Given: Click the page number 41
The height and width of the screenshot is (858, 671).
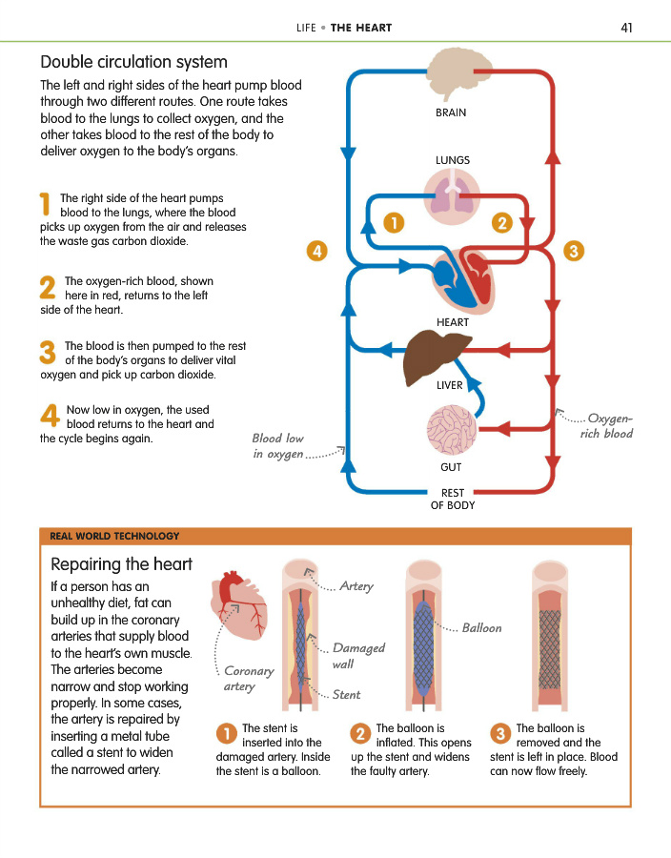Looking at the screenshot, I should click(x=626, y=28).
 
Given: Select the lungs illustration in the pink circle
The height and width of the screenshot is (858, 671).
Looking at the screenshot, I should click(x=451, y=197).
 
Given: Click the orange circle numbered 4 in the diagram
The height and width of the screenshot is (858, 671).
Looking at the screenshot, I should click(x=317, y=252).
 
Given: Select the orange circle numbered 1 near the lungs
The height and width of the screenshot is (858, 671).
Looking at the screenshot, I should click(x=392, y=222).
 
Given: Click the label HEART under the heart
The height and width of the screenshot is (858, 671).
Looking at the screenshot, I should click(x=452, y=322).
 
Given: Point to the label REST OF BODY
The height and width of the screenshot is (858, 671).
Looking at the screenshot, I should click(x=452, y=499).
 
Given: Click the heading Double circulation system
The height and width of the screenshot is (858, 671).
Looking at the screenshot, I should click(x=133, y=63).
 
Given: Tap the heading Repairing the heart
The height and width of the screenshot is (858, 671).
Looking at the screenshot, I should click(x=121, y=563).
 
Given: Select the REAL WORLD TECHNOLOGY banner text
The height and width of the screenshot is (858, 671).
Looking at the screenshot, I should click(x=114, y=536).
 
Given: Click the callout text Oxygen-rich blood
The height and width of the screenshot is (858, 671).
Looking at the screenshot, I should click(x=608, y=425).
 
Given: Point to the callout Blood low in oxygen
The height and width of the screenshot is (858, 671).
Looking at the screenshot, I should click(x=279, y=446).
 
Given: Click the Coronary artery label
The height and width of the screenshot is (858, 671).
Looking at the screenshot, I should click(x=248, y=678).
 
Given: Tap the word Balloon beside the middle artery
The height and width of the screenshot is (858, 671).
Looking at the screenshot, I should click(x=481, y=628).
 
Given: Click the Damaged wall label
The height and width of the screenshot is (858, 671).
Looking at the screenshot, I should click(x=357, y=656).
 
